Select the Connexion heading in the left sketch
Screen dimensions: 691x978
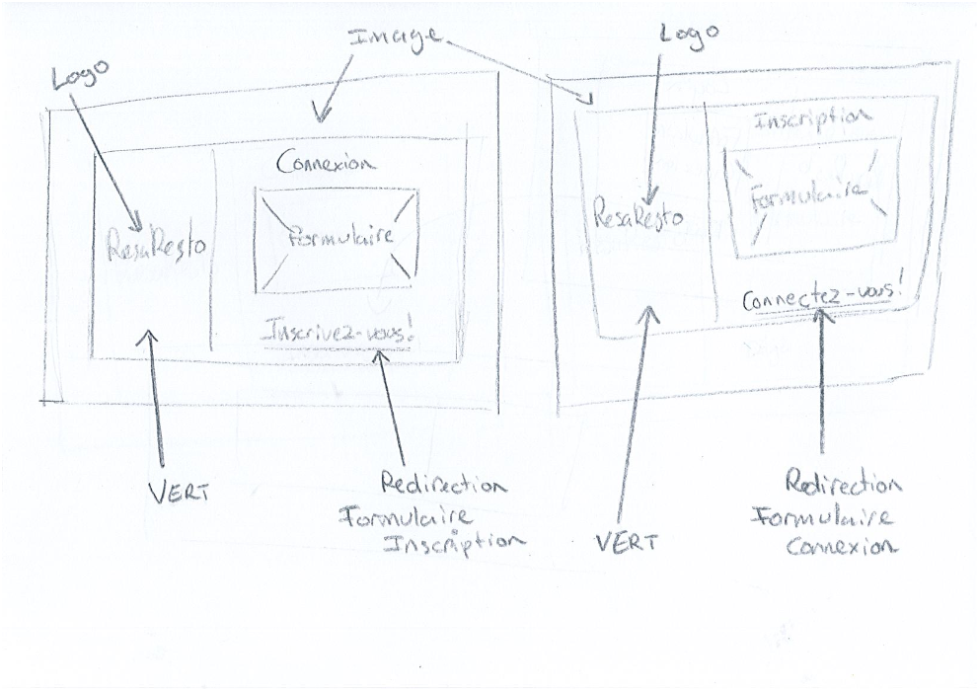click(x=326, y=162)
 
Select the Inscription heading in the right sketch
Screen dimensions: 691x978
click(x=811, y=117)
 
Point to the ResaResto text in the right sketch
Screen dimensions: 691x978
click(x=639, y=212)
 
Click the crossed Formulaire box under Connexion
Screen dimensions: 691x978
click(x=337, y=239)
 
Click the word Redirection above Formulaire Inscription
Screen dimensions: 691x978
click(x=444, y=486)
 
